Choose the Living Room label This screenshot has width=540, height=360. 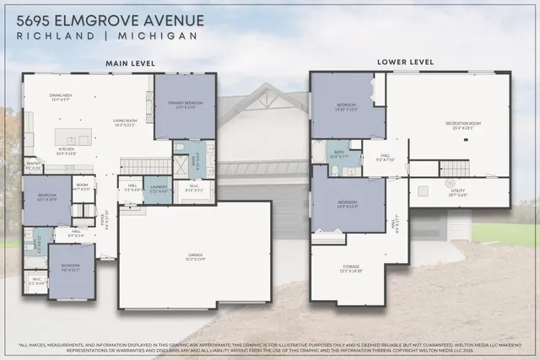[125, 122]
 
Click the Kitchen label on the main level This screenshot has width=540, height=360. [65, 153]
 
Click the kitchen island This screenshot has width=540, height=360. [74, 137]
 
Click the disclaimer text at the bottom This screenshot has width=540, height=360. [270, 345]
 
